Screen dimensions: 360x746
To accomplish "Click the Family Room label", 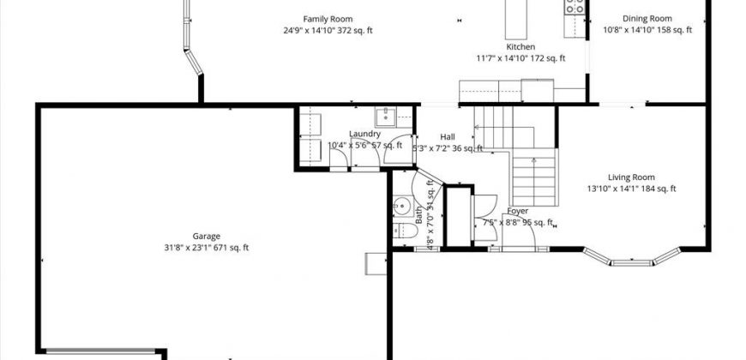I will (328, 19).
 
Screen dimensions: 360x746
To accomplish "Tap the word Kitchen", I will (520, 46).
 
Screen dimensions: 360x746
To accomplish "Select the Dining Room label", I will (647, 19).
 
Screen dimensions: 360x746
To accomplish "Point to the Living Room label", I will (632, 177).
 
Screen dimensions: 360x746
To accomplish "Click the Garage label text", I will (206, 237).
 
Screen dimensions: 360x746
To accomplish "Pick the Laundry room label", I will (365, 134).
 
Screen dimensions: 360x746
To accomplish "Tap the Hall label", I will (448, 137).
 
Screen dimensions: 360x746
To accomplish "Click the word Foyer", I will (517, 211).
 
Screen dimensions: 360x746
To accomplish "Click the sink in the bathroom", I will (400, 206).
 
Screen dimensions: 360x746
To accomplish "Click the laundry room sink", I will (384, 117).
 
